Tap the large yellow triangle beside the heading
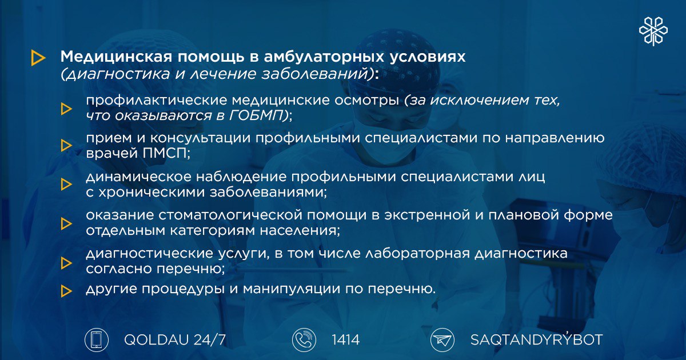tap(38, 58)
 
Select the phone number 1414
tap(345, 340)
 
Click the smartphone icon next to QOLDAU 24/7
tap(97, 340)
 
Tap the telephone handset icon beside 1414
tap(304, 340)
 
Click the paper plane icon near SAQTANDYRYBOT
tap(442, 340)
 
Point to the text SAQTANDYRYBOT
tap(536, 339)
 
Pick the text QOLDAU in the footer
tap(156, 340)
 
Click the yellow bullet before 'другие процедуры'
tap(66, 291)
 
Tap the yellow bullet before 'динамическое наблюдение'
tap(66, 184)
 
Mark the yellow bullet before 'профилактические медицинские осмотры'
tap(66, 109)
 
